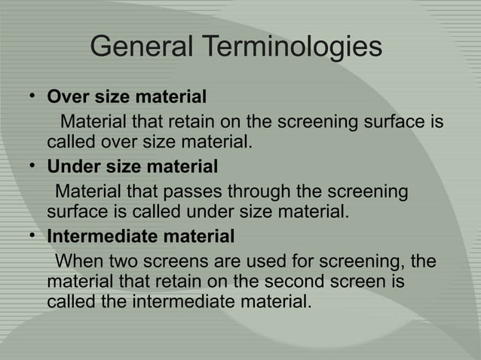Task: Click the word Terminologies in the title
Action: tap(292, 47)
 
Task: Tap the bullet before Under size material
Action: tap(33, 165)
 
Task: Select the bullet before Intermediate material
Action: tap(33, 235)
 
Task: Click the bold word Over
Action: tap(66, 97)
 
